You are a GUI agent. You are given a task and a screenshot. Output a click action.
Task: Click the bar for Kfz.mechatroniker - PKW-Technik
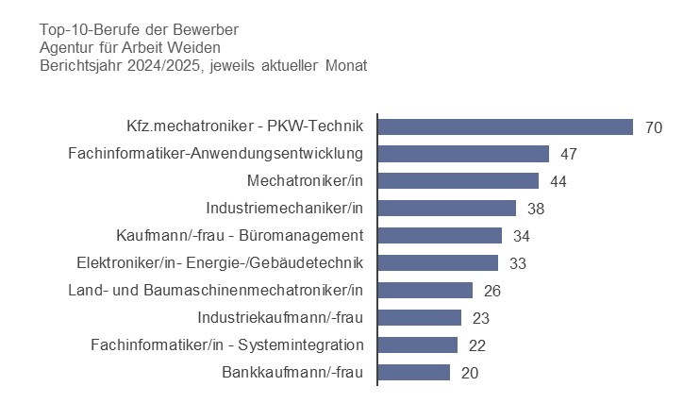click(505, 126)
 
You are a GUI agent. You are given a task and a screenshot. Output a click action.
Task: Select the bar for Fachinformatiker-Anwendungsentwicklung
click(463, 154)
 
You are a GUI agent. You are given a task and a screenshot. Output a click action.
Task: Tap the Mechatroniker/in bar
click(458, 181)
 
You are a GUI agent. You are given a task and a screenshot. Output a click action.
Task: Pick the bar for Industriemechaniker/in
click(446, 209)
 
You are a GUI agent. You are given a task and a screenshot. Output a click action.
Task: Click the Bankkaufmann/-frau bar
click(414, 372)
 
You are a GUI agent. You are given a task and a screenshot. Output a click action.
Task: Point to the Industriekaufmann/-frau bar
click(420, 317)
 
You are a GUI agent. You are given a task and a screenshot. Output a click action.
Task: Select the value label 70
click(654, 127)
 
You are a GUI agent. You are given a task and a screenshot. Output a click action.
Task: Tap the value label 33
click(518, 263)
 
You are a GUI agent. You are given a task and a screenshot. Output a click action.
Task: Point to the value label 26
click(492, 291)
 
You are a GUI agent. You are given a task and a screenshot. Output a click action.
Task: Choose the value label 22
click(477, 345)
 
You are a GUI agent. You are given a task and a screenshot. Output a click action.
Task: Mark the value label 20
click(470, 373)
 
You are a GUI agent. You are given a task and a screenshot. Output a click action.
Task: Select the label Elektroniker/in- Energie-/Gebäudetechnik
click(220, 262)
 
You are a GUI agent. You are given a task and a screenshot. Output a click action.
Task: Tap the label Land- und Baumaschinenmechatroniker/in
click(216, 290)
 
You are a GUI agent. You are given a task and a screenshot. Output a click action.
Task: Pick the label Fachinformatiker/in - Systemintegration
click(226, 344)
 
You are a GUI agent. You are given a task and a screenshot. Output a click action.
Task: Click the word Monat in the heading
click(344, 66)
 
